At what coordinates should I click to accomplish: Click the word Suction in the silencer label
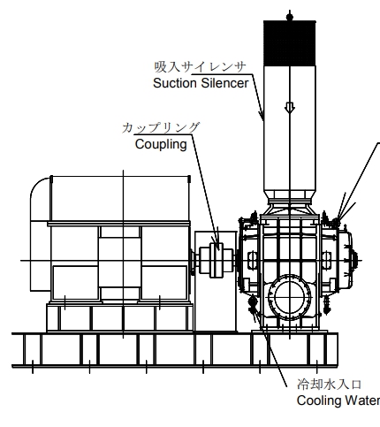pos(175,83)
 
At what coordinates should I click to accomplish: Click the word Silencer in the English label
pos(224,83)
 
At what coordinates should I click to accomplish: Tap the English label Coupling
pos(161,145)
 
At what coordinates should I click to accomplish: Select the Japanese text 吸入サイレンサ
pos(200,67)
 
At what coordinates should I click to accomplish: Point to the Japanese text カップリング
pos(161,128)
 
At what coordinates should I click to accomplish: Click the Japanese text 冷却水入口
pos(329,385)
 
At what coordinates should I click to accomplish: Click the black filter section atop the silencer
pos(290,43)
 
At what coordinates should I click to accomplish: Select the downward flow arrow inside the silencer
pos(290,108)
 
